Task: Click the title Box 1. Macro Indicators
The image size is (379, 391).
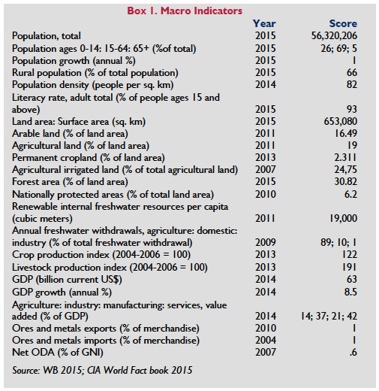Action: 185,11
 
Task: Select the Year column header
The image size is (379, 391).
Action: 264,23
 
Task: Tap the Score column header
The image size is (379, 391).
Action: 343,23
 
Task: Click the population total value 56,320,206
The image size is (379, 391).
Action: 334,36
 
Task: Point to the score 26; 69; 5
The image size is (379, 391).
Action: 339,48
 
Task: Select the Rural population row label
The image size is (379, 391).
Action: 95,73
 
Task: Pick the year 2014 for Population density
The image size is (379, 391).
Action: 266,84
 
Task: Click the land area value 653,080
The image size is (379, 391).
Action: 341,121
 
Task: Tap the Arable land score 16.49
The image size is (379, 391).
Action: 346,133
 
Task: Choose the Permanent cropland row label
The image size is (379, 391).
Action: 89,158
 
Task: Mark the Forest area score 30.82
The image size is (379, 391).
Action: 346,181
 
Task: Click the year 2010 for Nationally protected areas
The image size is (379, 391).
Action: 266,194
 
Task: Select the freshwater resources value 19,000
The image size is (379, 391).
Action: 344,219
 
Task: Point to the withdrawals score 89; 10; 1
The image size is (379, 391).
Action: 338,242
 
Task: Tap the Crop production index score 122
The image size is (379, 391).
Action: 350,254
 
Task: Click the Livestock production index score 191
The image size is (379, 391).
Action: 350,267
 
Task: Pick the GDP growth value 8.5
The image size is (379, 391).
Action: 350,292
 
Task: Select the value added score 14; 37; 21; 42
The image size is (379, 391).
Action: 329,316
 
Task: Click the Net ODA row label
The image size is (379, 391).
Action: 58,353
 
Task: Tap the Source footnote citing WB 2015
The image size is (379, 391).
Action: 102,370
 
